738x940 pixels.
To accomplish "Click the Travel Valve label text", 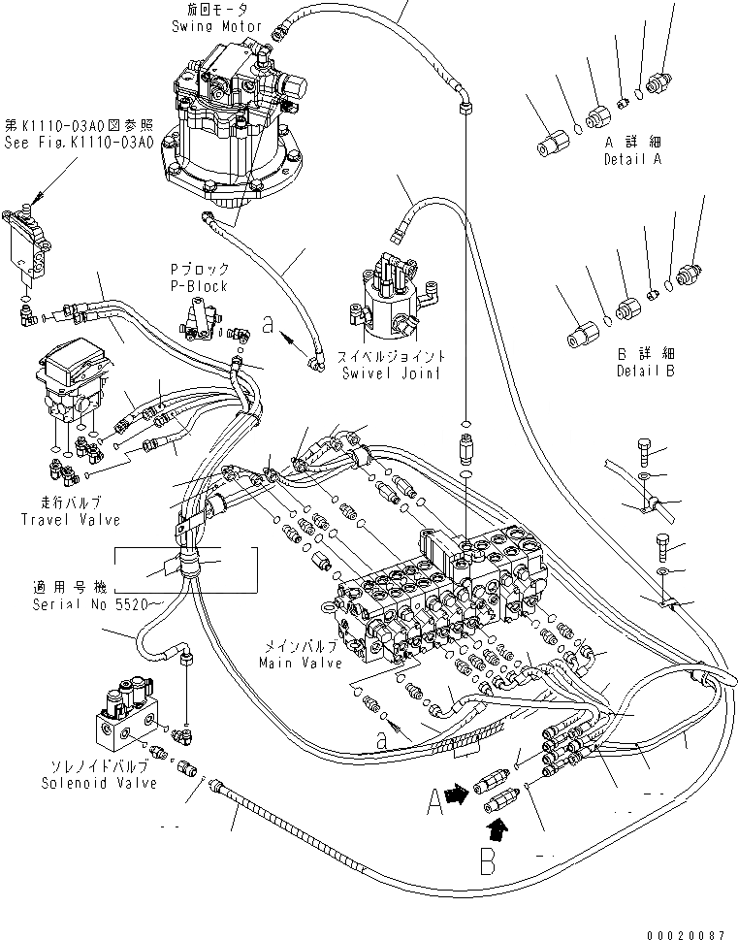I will [x=71, y=520].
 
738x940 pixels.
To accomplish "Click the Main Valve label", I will [x=300, y=664].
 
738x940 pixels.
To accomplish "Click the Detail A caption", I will [x=631, y=159].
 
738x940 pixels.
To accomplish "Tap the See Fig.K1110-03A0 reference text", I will [x=78, y=143].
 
